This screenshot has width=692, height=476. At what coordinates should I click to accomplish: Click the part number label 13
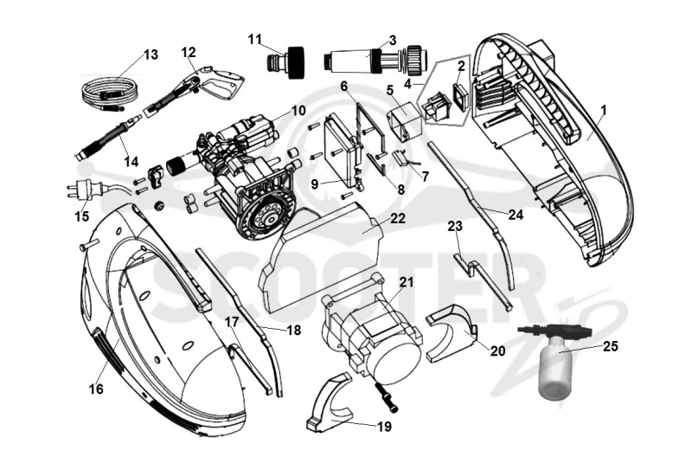tap(151, 55)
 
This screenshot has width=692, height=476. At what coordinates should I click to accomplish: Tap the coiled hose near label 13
tap(111, 93)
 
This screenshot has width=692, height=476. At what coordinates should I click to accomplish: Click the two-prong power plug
tap(86, 190)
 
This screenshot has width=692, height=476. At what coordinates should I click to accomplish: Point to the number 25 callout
tap(611, 347)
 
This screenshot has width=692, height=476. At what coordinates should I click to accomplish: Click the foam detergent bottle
tap(555, 359)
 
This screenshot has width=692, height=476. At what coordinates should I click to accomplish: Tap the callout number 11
tap(254, 40)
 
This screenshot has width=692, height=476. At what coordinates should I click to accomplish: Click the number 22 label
tap(398, 218)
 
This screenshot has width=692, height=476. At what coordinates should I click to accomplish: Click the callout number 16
tap(96, 389)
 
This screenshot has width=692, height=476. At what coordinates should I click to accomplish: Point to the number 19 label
tap(384, 426)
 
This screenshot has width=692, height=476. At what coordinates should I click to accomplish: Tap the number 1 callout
tap(604, 110)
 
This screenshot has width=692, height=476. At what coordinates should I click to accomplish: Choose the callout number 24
tap(516, 215)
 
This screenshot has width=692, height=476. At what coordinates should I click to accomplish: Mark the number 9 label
tap(314, 183)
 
